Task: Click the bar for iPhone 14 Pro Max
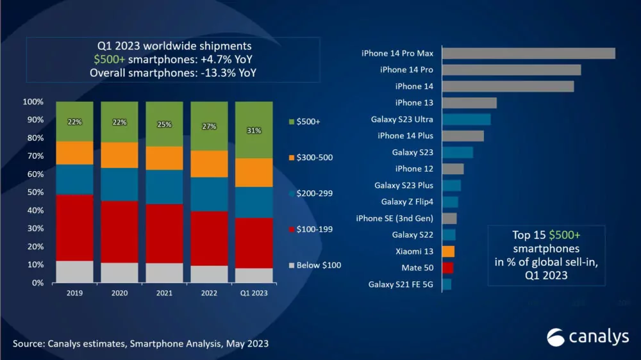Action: coord(528,53)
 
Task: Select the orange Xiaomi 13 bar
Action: coord(448,251)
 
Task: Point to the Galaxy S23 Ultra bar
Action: coord(466,119)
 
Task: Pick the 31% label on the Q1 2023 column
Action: coord(254,131)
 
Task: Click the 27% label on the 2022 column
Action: coord(209,127)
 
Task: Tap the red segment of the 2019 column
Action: coord(74,227)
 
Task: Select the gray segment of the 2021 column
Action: coord(164,272)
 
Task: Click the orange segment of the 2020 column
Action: coord(119,155)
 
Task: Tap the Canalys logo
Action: coord(587,337)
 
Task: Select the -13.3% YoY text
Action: coord(228,73)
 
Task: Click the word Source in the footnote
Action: coord(26,344)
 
